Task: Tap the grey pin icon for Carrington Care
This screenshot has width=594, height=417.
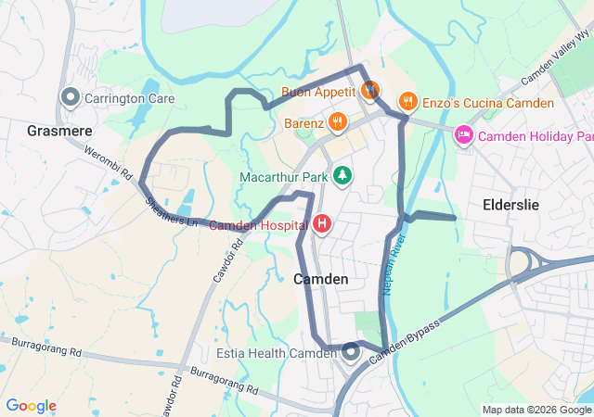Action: pos(70,96)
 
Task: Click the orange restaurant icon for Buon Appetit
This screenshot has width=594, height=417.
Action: pos(369,91)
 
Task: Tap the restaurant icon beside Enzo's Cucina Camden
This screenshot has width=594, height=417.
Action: pos(407,102)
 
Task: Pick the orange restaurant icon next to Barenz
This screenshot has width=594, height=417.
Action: pos(336,121)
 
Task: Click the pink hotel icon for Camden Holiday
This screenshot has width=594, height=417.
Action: pos(462,136)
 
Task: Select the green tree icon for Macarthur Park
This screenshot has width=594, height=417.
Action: pos(342,174)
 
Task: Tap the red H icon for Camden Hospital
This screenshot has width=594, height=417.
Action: pos(322,223)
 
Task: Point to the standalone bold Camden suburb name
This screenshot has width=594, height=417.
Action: pos(321,279)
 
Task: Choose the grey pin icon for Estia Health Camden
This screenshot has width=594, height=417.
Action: pos(351,352)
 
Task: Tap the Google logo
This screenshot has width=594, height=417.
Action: pos(32,406)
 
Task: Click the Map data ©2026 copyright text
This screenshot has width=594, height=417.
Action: pos(536,410)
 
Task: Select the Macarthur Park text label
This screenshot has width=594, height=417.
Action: pos(285,176)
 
